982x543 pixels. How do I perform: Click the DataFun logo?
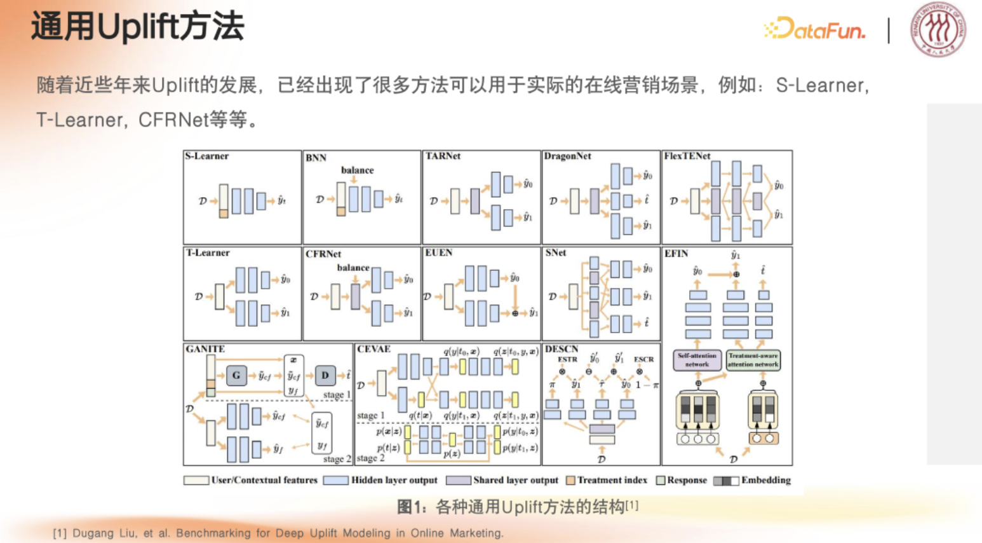pos(814,29)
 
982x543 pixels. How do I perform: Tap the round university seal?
pos(938,29)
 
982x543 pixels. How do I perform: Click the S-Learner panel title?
pos(206,156)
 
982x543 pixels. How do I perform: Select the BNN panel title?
pos(316,158)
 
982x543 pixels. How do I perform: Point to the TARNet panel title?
pos(443,156)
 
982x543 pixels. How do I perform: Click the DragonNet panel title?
pos(567,156)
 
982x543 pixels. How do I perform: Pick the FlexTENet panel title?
pos(687,156)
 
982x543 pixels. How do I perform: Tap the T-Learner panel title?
pos(208,252)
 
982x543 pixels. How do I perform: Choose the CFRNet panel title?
pos(323,254)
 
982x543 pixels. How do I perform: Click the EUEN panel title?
pos(438,252)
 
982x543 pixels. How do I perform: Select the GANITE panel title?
pos(205,349)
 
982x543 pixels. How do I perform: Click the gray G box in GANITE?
pos(236,375)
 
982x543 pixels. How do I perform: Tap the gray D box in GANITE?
pos(325,375)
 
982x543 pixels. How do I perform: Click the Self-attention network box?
pos(697,360)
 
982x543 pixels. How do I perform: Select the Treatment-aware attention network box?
pos(753,360)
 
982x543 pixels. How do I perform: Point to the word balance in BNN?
pos(357,170)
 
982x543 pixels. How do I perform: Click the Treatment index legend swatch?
pos(570,480)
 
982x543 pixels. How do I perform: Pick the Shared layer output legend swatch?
pos(458,480)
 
